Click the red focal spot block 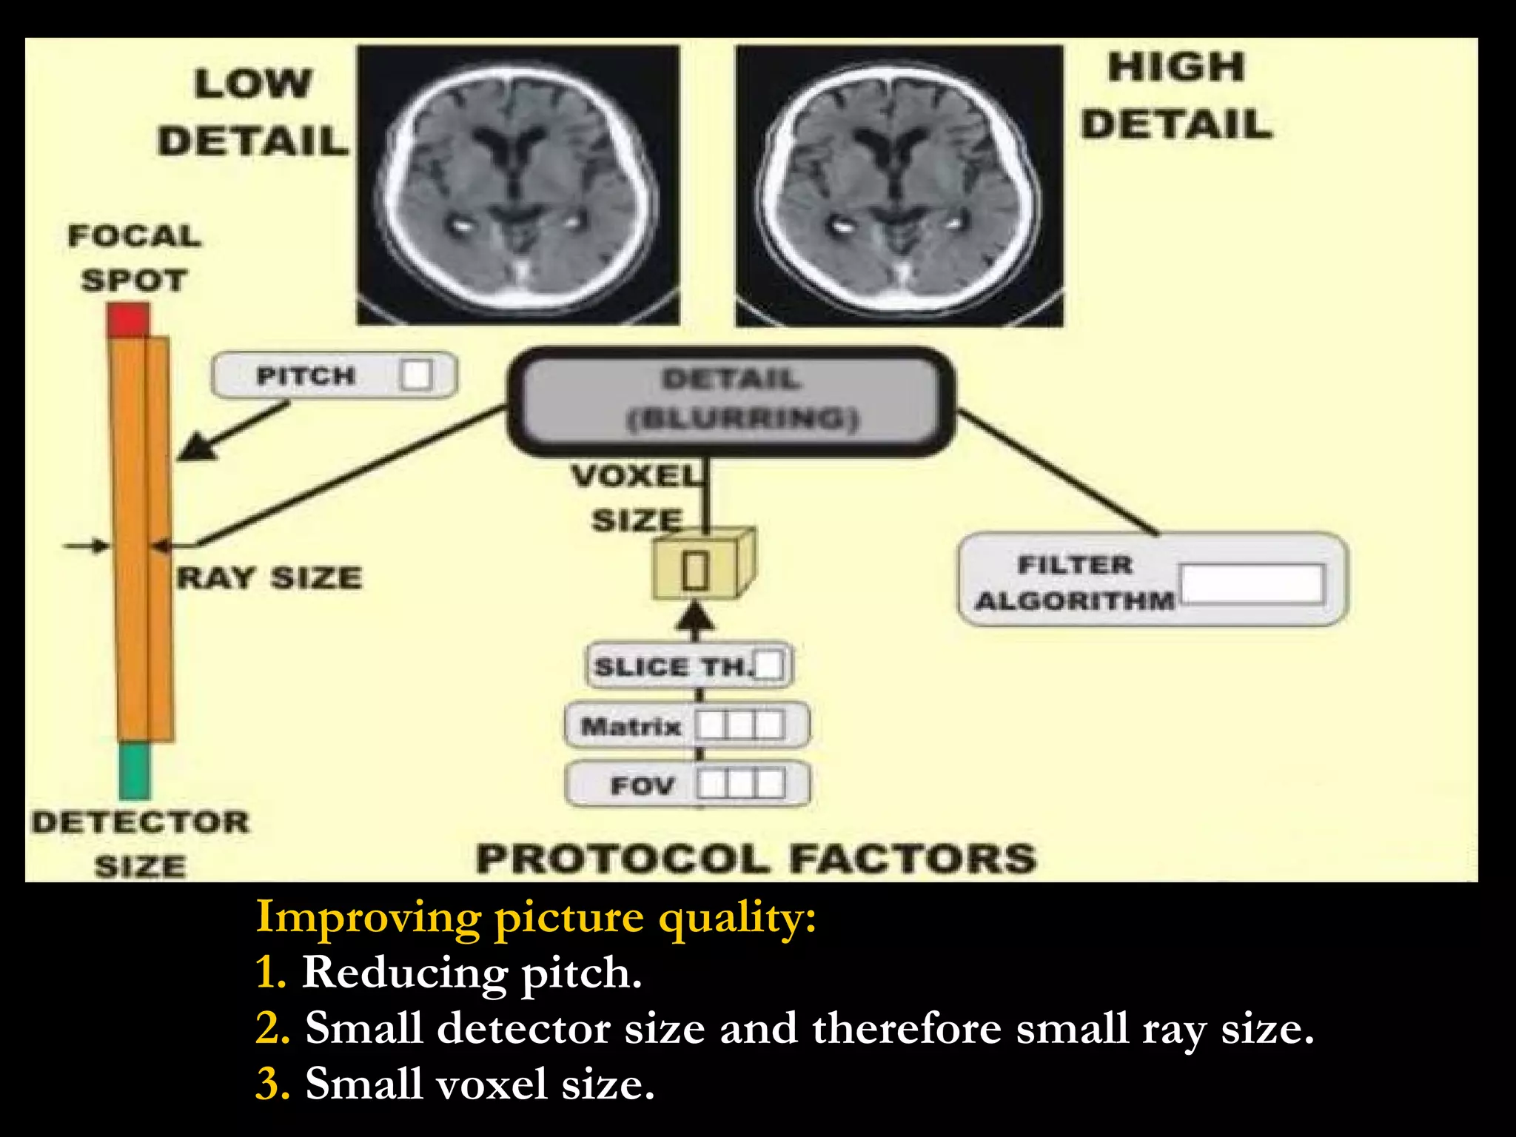click(x=128, y=319)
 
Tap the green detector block click(x=134, y=771)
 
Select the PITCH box click(x=334, y=375)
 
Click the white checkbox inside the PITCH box click(x=415, y=375)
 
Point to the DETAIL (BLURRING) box click(x=731, y=400)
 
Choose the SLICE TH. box click(x=688, y=665)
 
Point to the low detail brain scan click(x=518, y=185)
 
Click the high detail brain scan click(x=899, y=185)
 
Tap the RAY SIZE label click(x=269, y=577)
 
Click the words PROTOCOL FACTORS click(x=755, y=859)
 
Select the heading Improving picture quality click(x=535, y=918)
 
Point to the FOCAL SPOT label click(x=134, y=258)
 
